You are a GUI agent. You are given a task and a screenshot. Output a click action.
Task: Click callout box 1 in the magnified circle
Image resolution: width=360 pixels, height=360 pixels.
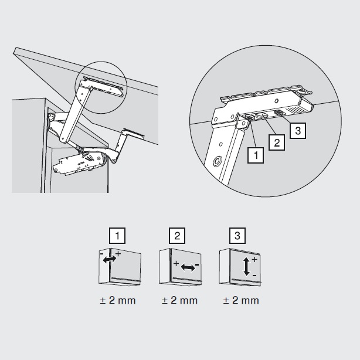point(255,155)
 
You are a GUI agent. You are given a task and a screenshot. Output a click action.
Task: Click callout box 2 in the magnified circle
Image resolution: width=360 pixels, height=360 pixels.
point(277,143)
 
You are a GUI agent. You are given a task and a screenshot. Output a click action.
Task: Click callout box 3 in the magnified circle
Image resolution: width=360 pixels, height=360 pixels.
point(298,131)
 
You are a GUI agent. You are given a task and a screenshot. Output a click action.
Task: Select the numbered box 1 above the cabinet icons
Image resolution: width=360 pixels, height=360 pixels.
point(117,236)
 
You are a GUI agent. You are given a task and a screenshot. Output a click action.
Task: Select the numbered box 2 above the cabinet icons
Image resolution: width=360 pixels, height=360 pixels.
point(177,236)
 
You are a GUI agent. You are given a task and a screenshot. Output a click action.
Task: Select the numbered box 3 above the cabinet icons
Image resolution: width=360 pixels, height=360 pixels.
point(237,236)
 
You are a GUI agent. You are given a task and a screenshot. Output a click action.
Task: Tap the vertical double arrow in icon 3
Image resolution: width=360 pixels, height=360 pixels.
point(246,266)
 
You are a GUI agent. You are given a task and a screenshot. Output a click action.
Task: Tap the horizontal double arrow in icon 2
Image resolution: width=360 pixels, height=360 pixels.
point(188,267)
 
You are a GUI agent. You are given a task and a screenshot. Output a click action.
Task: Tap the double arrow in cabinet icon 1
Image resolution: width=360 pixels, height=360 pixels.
point(110,259)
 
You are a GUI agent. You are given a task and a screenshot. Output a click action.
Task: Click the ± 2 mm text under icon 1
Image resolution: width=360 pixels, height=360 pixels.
point(118,300)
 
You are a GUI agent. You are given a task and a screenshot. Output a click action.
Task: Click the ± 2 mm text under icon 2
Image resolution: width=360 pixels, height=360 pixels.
point(179,300)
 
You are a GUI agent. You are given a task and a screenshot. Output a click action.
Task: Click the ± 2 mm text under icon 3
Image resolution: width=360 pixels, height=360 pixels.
point(241,300)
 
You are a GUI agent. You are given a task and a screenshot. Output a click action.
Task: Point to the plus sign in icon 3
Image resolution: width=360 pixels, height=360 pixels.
point(254,260)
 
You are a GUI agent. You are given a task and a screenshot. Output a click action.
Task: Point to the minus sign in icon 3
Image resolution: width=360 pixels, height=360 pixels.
point(254,275)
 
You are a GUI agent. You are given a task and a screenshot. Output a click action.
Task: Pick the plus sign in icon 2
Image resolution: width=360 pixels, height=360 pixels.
point(176,263)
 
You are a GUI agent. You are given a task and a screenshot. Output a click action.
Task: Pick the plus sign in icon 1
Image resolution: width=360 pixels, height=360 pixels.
point(118,254)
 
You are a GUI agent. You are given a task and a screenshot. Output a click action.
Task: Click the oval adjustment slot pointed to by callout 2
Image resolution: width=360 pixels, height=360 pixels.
point(261,116)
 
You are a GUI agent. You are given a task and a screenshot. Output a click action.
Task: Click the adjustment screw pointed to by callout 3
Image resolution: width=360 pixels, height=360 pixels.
point(279,113)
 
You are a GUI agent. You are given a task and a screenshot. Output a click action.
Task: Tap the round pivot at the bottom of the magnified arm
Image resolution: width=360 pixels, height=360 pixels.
point(217,162)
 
